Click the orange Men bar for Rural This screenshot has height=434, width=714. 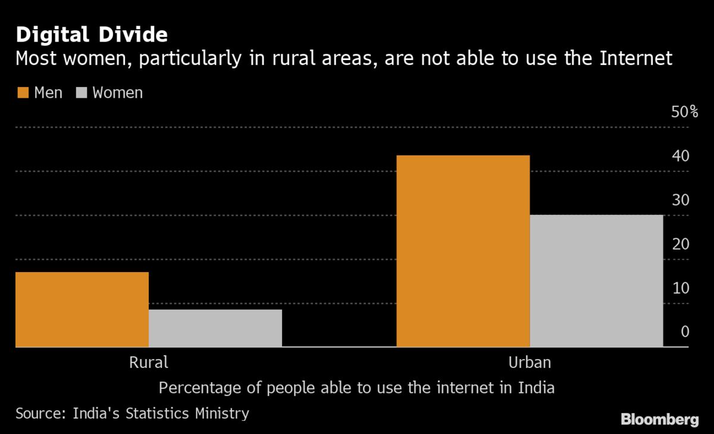(x=82, y=309)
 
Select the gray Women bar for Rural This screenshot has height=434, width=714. (x=215, y=328)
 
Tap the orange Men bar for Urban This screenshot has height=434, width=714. (x=463, y=251)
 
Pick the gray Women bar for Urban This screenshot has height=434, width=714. (x=596, y=280)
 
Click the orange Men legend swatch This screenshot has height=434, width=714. (x=23, y=93)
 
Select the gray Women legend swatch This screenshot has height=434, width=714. (x=82, y=93)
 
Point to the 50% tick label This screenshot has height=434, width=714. (x=684, y=112)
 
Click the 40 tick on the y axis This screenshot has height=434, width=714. (x=680, y=156)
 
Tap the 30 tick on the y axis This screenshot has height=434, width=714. (x=680, y=200)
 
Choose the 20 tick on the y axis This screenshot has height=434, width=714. (x=680, y=244)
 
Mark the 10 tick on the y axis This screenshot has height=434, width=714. (x=680, y=288)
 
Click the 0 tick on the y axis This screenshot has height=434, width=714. (x=684, y=332)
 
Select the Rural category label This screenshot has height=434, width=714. (x=149, y=362)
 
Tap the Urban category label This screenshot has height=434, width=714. (x=530, y=362)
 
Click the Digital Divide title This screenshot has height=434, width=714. (x=92, y=35)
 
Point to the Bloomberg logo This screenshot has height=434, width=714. (x=660, y=420)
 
